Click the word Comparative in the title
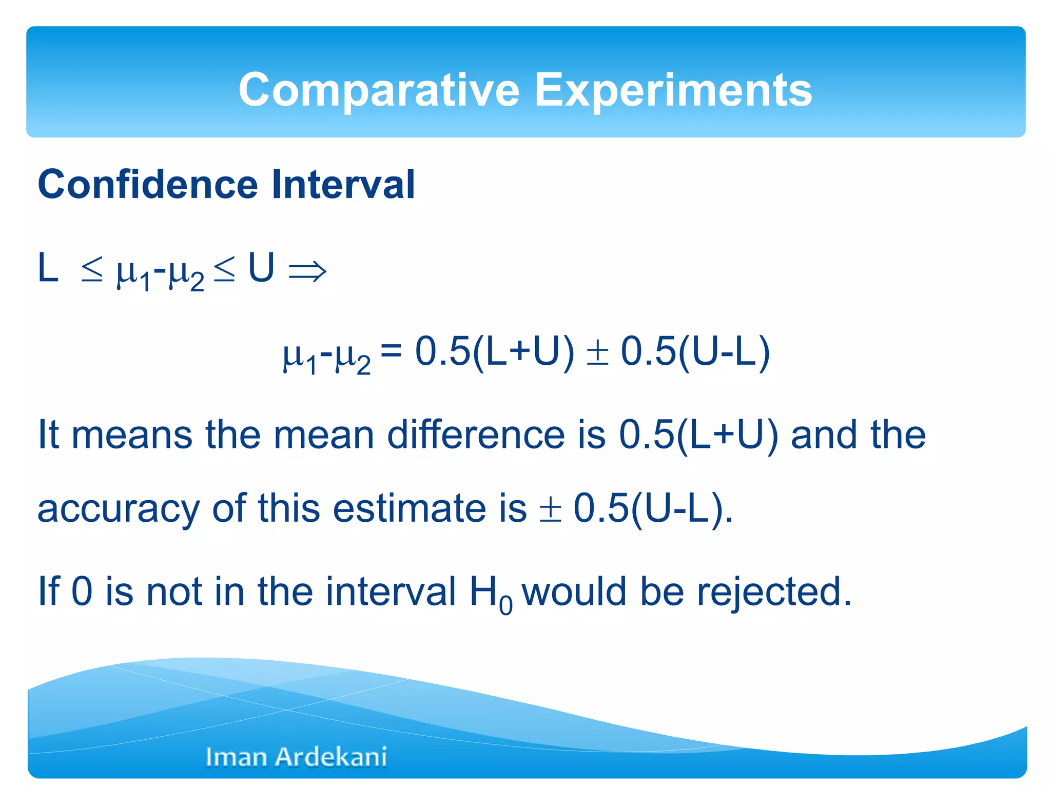[379, 90]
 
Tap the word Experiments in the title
[673, 90]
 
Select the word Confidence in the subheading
[148, 185]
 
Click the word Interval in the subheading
[343, 185]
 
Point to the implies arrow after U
[307, 271]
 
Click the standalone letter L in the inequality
[48, 268]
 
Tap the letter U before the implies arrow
[261, 268]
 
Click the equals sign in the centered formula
[391, 351]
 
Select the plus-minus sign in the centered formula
[597, 353]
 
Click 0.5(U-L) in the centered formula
[695, 352]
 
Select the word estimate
[409, 508]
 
